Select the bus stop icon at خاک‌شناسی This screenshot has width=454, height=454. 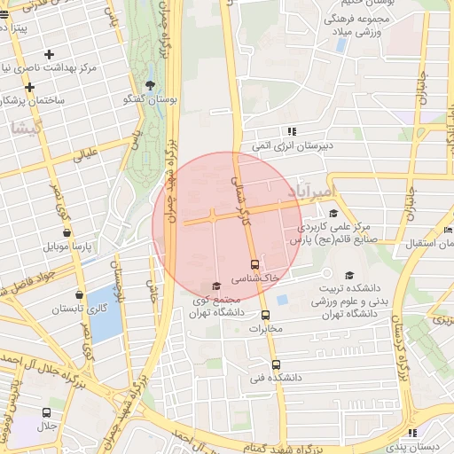pos(255,263)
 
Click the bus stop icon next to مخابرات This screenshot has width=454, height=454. pos(264,315)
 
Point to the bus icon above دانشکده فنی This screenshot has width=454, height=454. pos(276,364)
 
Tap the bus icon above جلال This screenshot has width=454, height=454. pos(46,412)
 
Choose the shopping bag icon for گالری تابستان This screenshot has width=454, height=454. pos(80,294)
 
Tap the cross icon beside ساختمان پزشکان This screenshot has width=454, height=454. pos(30,87)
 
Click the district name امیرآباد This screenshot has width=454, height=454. pos(313,192)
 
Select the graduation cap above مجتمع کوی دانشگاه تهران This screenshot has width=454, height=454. pos(216,286)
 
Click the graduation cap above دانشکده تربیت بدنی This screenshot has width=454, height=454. pos(348,275)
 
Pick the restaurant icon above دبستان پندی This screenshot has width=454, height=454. pos(411,432)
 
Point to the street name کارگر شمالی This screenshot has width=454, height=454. pos(238,191)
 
